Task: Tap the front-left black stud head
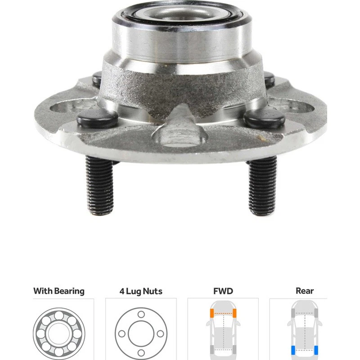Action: (97, 118)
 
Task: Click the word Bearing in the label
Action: (69, 291)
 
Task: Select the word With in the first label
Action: (42, 291)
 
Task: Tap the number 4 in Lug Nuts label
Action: (122, 292)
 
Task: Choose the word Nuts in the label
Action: (152, 292)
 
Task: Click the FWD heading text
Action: (223, 291)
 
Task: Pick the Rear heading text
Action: (305, 291)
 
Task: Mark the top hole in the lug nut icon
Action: (141, 314)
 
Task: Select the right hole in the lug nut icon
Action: (160, 333)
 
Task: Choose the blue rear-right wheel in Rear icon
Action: (318, 351)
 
